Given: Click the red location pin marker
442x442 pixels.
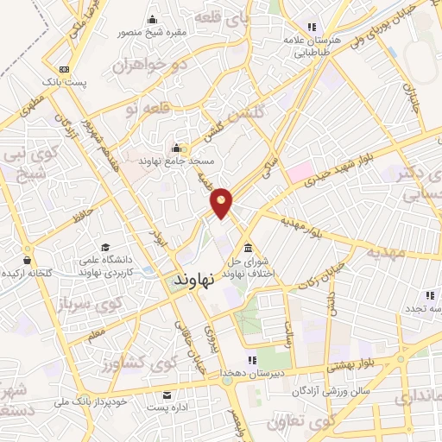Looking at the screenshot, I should [222, 202].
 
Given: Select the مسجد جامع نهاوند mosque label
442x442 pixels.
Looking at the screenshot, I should [183, 161].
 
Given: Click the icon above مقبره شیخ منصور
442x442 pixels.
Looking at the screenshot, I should [153, 20].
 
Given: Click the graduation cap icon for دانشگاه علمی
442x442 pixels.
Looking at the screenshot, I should [106, 248].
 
